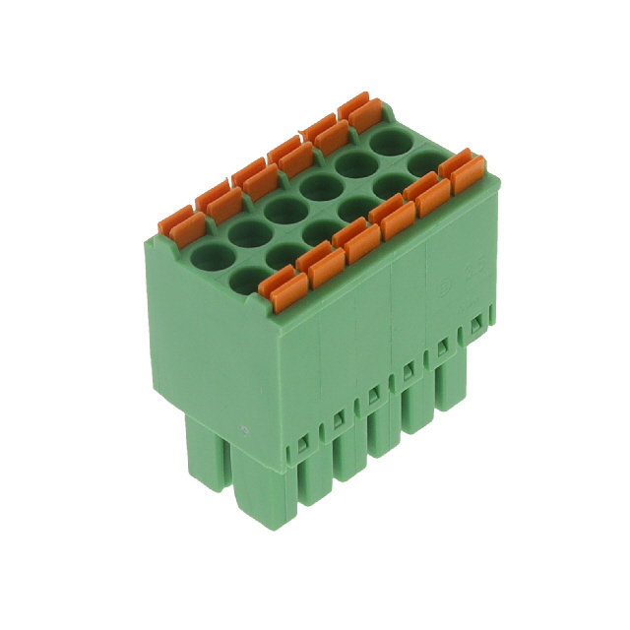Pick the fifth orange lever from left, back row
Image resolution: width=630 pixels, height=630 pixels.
324,132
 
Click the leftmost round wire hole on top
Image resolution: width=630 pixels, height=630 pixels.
211,258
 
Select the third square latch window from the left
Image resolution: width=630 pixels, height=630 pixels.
371,396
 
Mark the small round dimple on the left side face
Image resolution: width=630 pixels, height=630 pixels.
243,430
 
